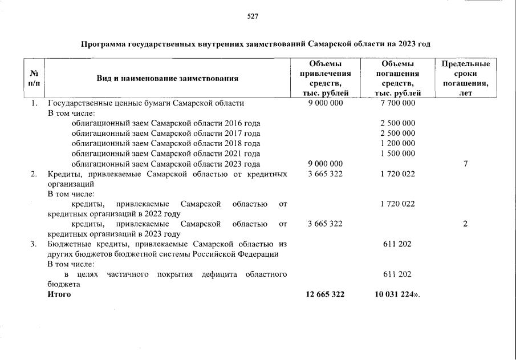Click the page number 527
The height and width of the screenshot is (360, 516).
click(253, 16)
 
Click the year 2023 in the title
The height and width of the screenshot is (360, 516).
click(405, 43)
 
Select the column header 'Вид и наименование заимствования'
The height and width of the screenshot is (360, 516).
click(167, 78)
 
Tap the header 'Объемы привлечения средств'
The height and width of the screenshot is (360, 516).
click(325, 78)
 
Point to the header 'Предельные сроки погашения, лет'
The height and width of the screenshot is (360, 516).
click(465, 78)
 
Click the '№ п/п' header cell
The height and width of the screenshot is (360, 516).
click(34, 78)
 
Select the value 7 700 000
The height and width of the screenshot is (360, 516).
click(397, 103)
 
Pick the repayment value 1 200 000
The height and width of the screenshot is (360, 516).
click(397, 143)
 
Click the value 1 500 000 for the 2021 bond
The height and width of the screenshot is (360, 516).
click(397, 153)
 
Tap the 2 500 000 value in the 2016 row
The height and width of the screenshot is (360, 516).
click(397, 123)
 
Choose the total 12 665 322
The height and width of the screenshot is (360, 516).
click(325, 294)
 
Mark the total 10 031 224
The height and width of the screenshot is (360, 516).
click(394, 294)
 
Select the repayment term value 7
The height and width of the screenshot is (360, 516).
click(465, 164)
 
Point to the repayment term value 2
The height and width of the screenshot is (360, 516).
click(465, 224)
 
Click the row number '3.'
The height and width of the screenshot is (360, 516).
click(34, 244)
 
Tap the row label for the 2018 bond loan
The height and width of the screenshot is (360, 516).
click(166, 143)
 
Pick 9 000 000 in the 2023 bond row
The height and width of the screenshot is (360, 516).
click(325, 164)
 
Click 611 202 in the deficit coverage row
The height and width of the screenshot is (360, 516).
click(397, 274)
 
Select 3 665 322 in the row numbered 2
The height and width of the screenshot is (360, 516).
click(325, 173)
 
